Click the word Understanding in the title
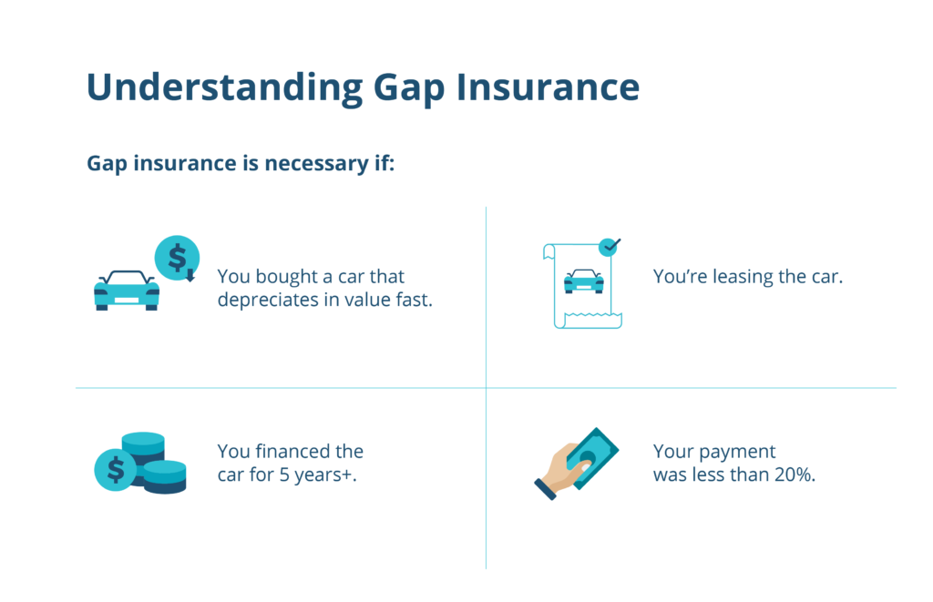pos(225,88)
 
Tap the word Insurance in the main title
pos(548,87)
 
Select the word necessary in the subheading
pos(316,164)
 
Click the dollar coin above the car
pos(177,258)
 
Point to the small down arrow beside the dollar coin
pos(190,275)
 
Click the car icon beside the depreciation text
pos(127,291)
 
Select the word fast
pos(415,300)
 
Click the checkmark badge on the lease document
pos(609,246)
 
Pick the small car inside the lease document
pos(584,281)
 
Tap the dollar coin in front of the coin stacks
pos(116,469)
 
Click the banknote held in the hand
pos(592,458)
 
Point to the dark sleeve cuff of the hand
pos(545,490)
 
